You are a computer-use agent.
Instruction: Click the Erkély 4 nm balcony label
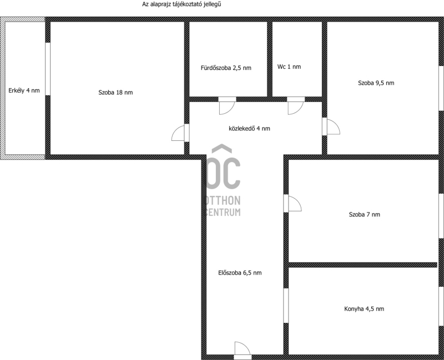24,90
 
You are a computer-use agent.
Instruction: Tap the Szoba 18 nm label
115,92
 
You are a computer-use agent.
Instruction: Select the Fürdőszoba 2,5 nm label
226,68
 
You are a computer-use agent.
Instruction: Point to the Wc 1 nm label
289,67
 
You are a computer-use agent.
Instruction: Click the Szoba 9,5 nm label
376,83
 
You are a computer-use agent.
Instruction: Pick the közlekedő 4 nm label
249,129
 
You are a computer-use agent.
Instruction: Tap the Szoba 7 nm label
365,215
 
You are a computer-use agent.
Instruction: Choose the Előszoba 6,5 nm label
240,273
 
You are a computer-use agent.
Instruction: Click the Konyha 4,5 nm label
364,309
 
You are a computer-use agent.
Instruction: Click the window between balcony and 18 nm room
48,69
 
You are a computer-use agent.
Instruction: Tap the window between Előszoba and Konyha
286,306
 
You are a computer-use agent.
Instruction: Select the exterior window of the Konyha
441,306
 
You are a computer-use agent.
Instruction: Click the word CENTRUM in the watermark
223,212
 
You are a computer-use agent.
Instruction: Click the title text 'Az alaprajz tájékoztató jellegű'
181,4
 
